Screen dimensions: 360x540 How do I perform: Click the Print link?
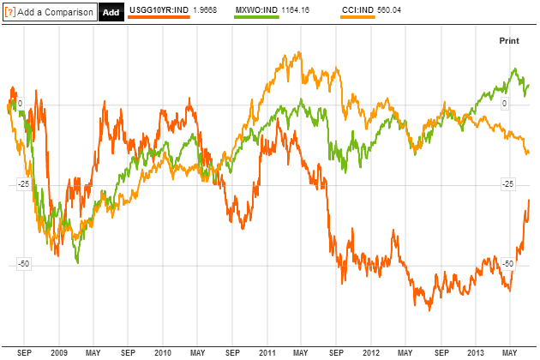click(x=509, y=40)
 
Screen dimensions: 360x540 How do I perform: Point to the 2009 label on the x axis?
click(x=58, y=351)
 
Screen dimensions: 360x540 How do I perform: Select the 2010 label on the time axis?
click(x=162, y=351)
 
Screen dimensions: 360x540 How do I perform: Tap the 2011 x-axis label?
click(x=267, y=351)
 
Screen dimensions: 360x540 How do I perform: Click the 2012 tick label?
click(x=370, y=351)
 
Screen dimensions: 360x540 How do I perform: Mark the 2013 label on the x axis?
click(x=474, y=351)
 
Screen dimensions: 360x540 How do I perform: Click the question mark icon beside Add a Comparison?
click(x=9, y=12)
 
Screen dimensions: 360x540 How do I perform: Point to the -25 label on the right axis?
click(x=508, y=183)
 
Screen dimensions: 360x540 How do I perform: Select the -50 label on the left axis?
click(x=24, y=263)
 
